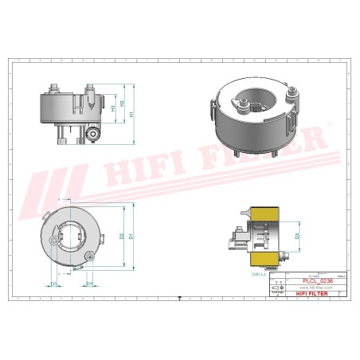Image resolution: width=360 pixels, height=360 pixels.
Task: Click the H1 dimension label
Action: click(131, 115)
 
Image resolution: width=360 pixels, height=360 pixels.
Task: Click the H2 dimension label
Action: click(122, 104)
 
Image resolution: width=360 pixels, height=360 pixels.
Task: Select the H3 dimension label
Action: click(112, 107)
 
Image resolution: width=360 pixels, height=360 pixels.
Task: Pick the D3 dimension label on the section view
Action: click(297, 237)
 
